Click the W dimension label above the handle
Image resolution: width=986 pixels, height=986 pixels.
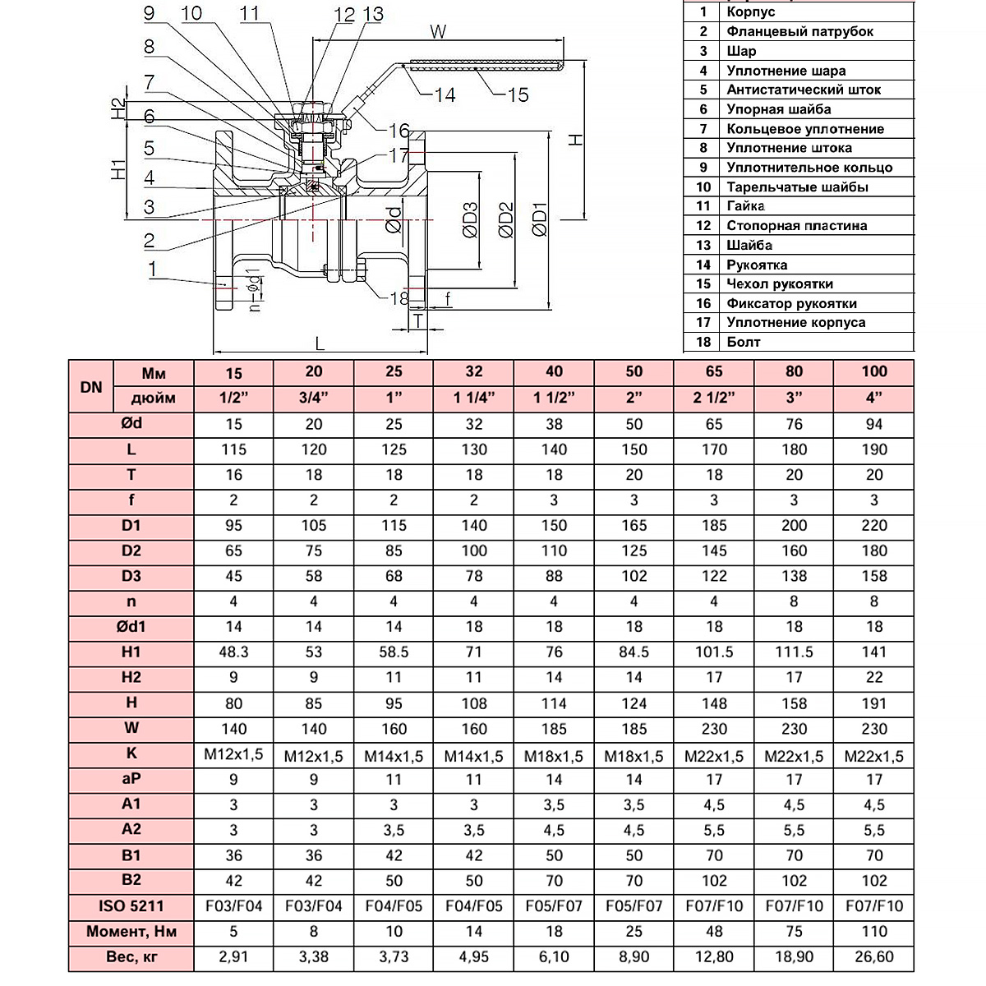[438, 32]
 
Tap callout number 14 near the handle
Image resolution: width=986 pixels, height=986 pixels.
[445, 94]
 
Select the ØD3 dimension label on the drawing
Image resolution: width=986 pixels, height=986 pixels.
[470, 220]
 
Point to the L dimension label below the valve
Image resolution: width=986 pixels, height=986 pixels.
[320, 343]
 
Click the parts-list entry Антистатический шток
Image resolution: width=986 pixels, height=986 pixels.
[804, 90]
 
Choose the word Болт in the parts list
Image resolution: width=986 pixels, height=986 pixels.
[743, 342]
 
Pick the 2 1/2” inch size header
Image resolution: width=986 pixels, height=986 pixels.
[714, 398]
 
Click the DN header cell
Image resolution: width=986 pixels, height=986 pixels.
[91, 387]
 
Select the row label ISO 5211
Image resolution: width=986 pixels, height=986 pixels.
[131, 906]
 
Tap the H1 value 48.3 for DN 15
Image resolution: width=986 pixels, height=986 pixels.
[233, 652]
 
